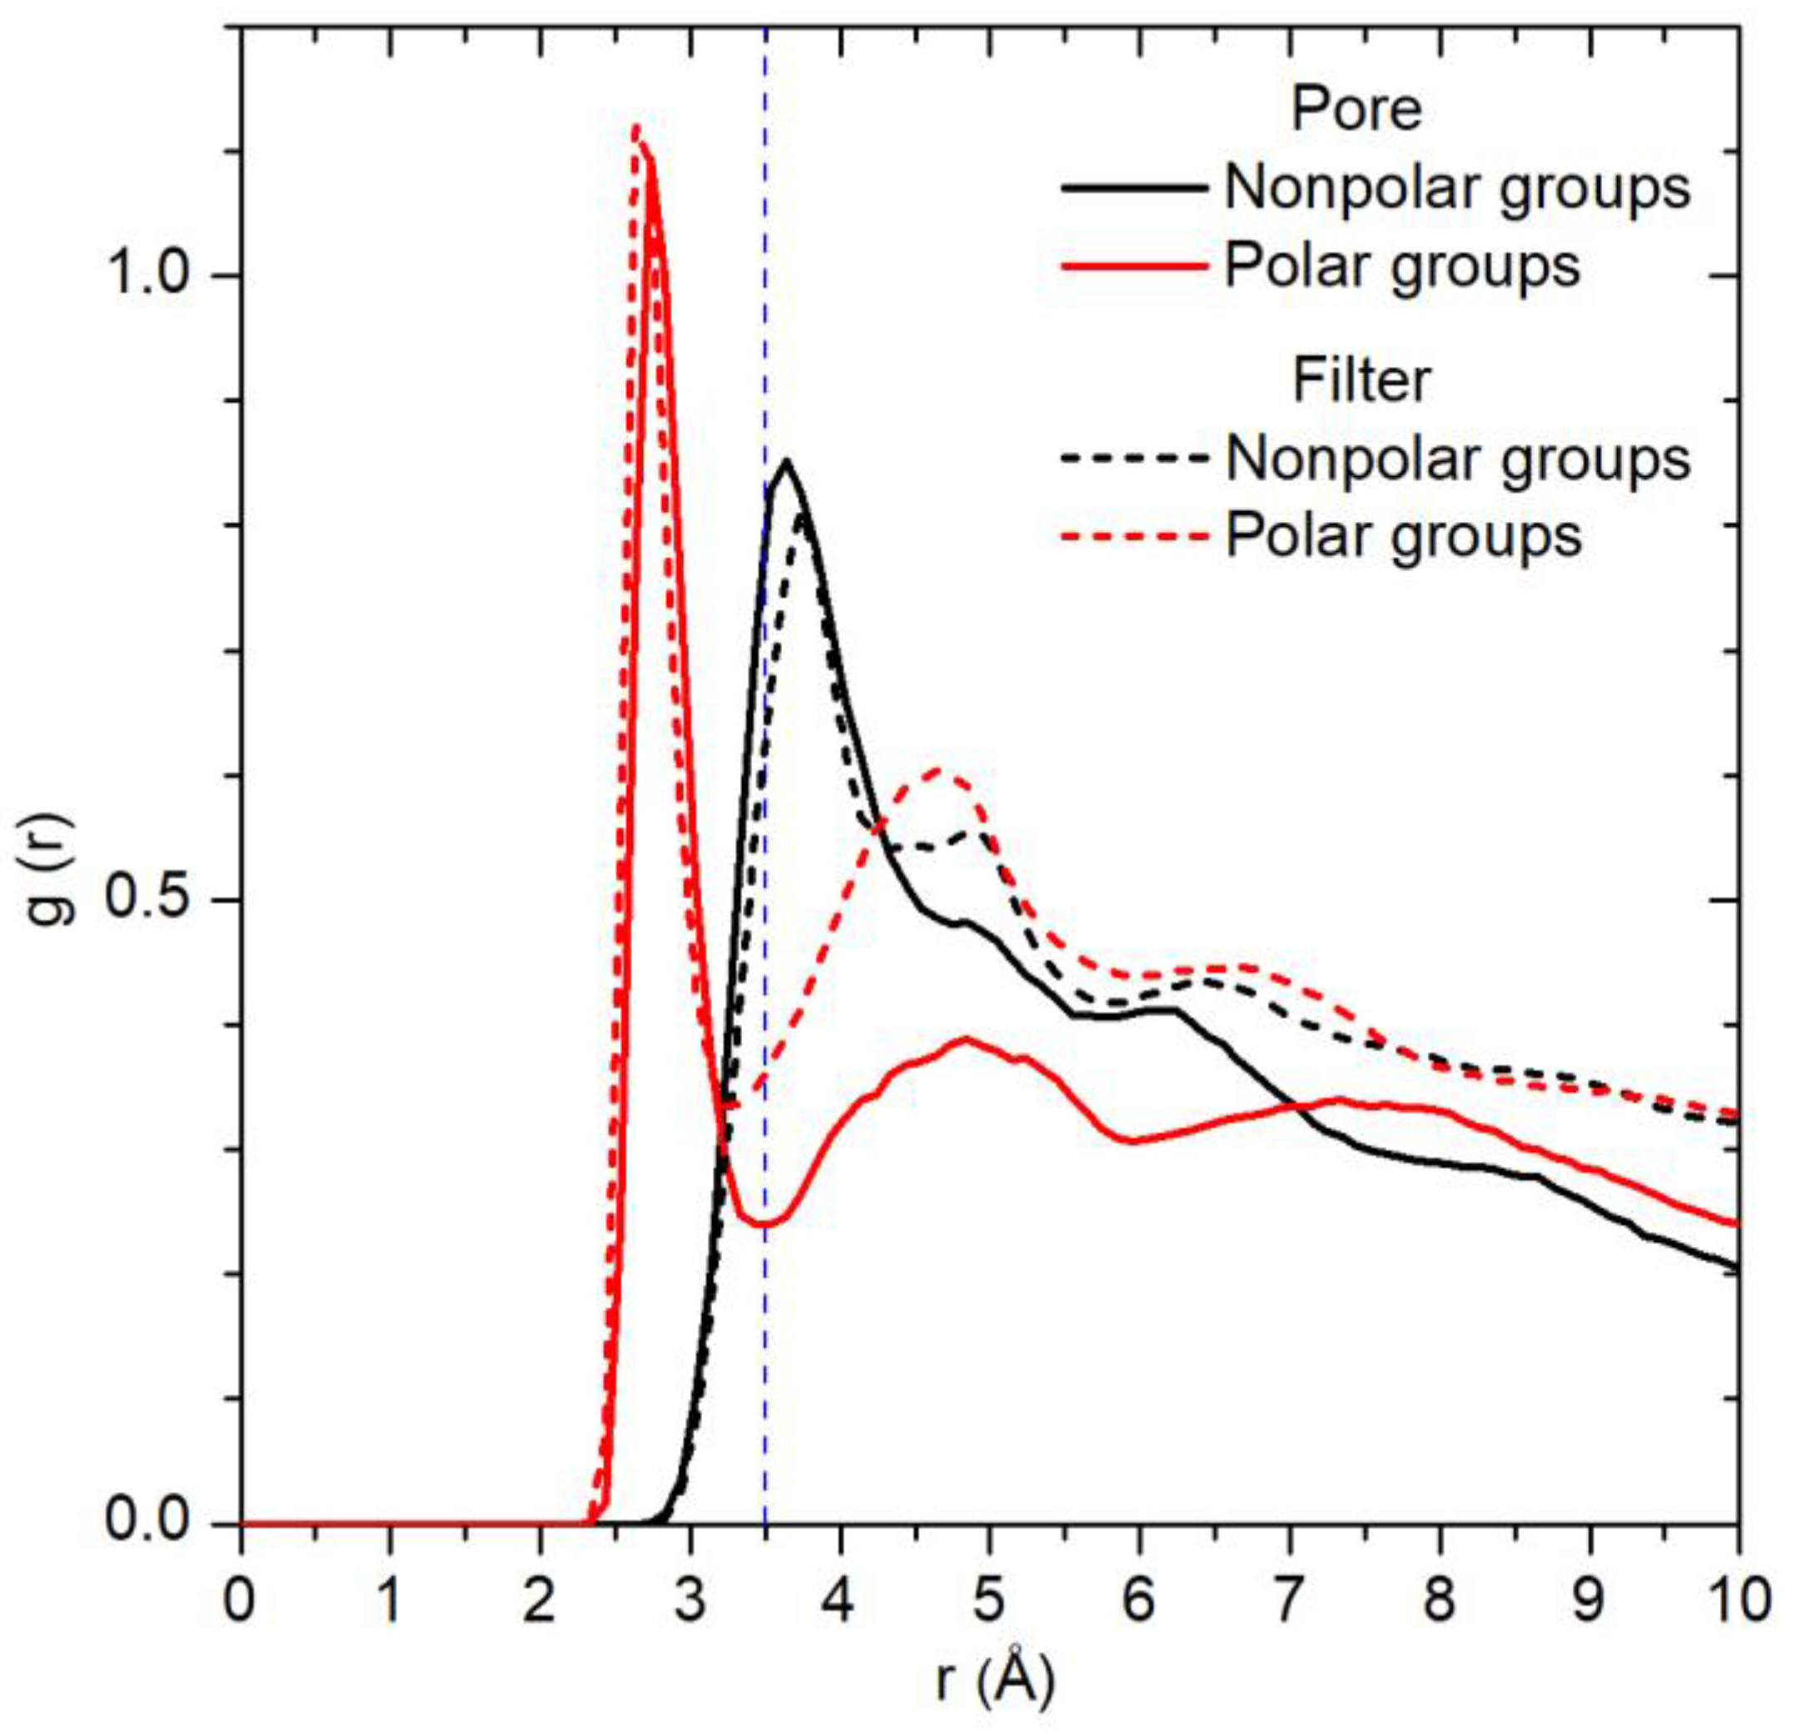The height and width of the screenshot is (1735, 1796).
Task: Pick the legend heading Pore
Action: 1356,109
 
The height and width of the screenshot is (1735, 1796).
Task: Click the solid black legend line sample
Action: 1133,188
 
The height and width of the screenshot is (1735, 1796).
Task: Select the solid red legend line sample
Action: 1133,266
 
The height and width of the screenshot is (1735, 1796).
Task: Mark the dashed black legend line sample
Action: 1133,457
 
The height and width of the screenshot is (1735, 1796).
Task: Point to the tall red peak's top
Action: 636,129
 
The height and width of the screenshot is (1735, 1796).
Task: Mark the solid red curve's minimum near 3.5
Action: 763,1225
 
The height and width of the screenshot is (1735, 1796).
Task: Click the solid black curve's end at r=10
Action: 1735,1268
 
